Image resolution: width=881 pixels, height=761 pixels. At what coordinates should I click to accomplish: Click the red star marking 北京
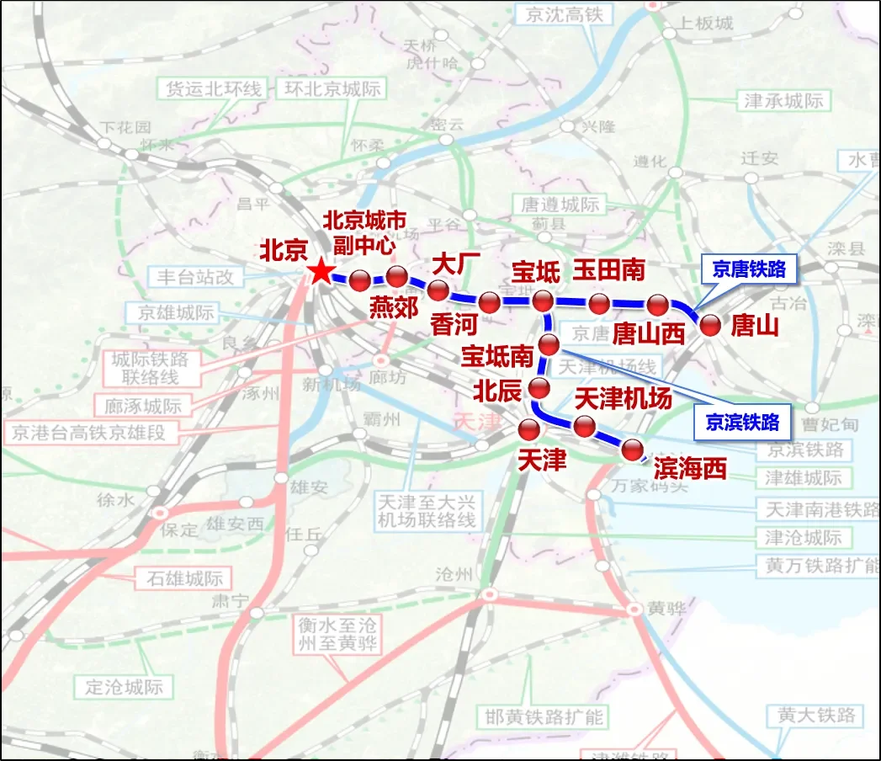(x=320, y=272)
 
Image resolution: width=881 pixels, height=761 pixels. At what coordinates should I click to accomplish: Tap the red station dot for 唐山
(x=711, y=326)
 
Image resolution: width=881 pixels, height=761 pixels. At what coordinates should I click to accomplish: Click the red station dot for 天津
(x=529, y=430)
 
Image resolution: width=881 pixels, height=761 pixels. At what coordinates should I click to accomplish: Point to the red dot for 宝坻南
(x=549, y=343)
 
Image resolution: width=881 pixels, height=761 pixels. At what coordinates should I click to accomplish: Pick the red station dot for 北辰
(x=539, y=388)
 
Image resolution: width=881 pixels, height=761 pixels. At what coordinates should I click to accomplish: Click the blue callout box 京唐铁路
(x=748, y=269)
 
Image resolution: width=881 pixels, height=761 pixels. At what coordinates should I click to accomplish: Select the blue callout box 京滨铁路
(x=741, y=422)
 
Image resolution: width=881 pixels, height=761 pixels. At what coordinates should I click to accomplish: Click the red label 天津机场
(x=623, y=398)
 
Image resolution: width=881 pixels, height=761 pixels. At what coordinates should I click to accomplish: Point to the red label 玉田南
(x=609, y=269)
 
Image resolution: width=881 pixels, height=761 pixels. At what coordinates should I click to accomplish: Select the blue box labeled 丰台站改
(x=195, y=276)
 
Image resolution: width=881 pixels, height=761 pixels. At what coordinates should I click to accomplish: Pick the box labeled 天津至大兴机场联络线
(x=427, y=510)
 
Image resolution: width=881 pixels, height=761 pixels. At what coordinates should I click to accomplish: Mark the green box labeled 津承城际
(x=784, y=101)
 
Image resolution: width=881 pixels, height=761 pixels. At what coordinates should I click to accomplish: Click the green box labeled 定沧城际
(x=124, y=686)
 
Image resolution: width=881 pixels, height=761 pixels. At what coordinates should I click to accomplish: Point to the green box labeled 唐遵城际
(x=560, y=205)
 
